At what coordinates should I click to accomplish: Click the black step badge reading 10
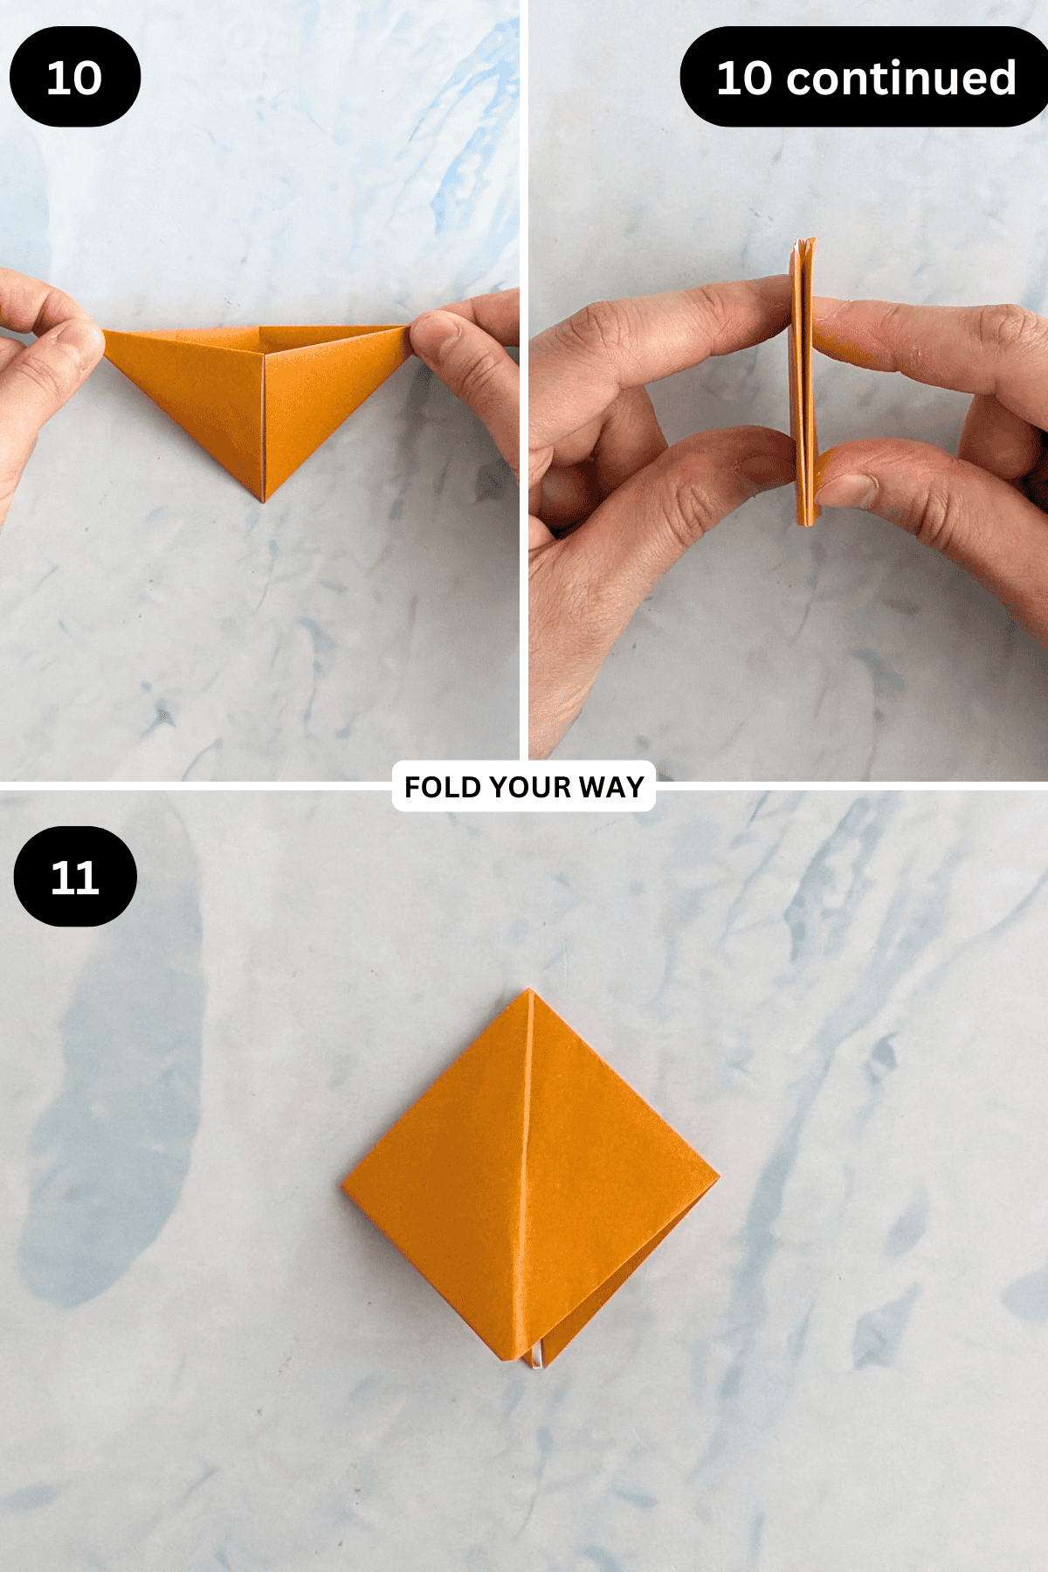75,77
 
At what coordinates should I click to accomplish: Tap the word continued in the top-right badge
901,78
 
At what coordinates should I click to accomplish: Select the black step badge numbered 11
75,877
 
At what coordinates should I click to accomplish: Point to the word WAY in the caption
611,787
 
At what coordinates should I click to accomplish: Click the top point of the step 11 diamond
528,990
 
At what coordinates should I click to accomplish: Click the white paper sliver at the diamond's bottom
538,1355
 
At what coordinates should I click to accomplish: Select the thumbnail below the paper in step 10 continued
848,488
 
